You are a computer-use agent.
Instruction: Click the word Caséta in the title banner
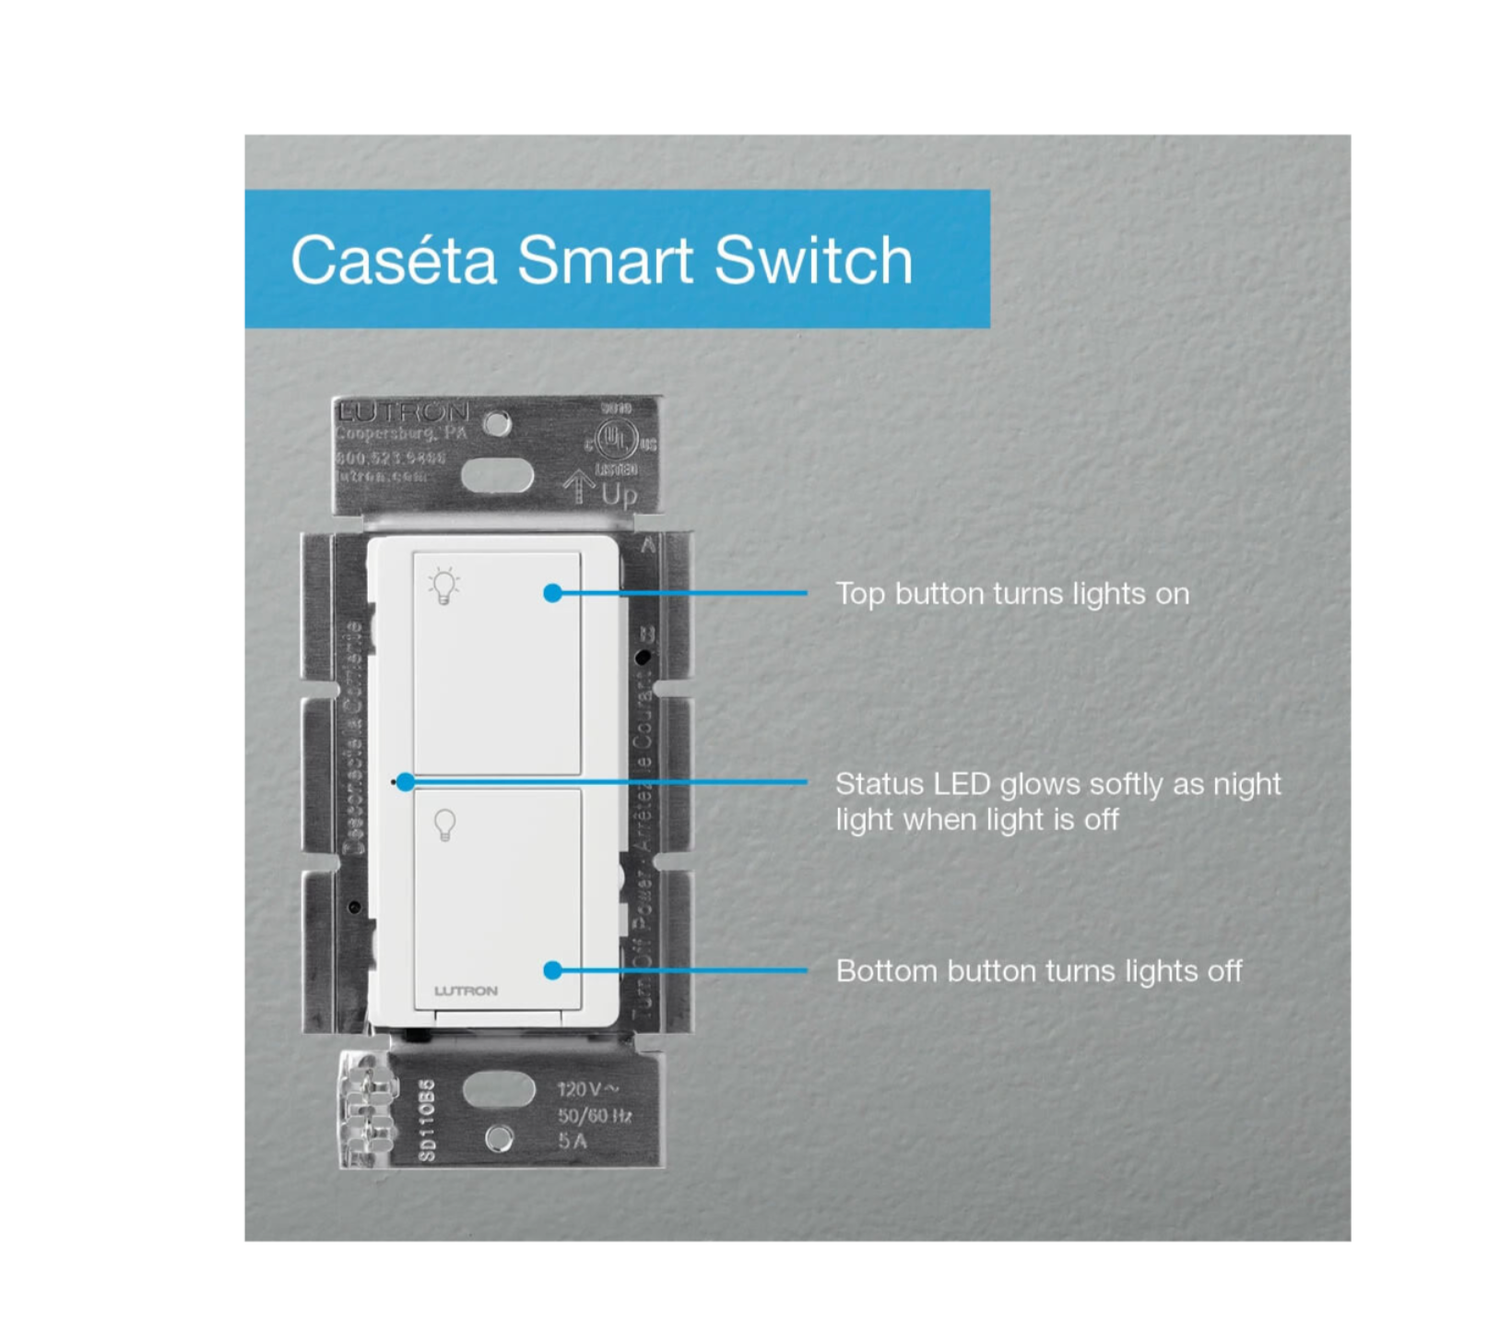point(394,260)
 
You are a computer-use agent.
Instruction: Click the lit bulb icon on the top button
point(444,586)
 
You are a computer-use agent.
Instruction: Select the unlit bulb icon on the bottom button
point(444,825)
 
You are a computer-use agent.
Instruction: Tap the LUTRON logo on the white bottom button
point(466,991)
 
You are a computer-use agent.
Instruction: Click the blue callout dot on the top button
point(552,593)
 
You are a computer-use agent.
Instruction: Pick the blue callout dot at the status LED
point(405,782)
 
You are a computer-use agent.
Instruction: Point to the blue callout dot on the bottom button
point(552,970)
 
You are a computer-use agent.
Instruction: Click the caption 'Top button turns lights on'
point(1012,594)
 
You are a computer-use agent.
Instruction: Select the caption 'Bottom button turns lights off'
point(1038,971)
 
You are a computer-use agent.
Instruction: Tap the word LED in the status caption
point(963,784)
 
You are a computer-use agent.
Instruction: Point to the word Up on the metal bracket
point(619,495)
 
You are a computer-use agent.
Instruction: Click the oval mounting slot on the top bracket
point(497,477)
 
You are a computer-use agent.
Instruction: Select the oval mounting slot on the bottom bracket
point(498,1090)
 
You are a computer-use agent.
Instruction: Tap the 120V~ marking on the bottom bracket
point(587,1090)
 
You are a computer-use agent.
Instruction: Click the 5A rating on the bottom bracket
point(572,1142)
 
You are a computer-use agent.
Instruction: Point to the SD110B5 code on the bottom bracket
point(426,1121)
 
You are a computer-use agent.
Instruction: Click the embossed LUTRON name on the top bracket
point(403,412)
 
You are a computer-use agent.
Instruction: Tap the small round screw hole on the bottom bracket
point(499,1139)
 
